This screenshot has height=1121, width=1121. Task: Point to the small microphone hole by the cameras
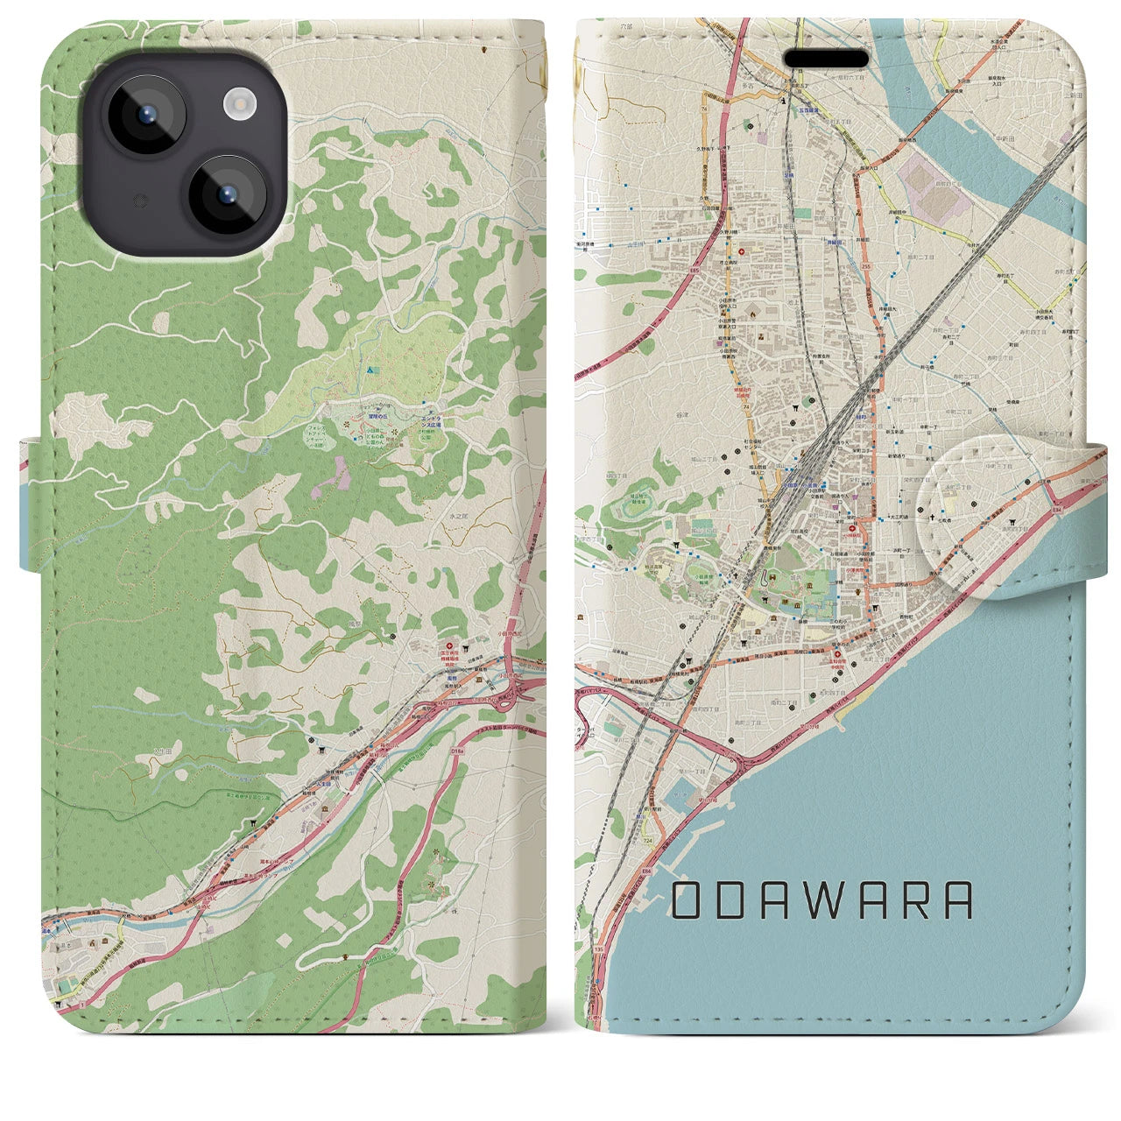pyautogui.click(x=137, y=201)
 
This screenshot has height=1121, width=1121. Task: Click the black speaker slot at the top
pyautogui.click(x=826, y=59)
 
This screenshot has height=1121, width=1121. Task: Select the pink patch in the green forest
pyautogui.click(x=337, y=474)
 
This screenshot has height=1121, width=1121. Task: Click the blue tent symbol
pyautogui.click(x=372, y=370)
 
